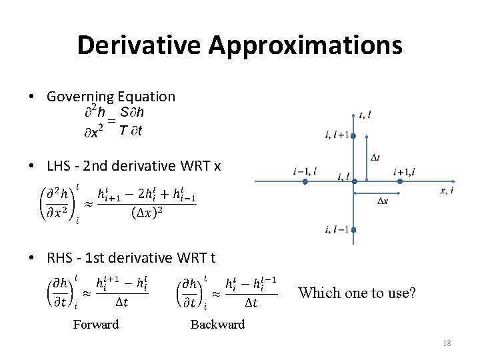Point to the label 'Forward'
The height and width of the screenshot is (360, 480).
pyautogui.click(x=96, y=325)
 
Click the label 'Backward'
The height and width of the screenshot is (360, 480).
pyautogui.click(x=217, y=325)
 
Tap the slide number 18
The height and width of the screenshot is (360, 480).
pyautogui.click(x=447, y=343)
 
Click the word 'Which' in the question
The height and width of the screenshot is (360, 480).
pyautogui.click(x=317, y=293)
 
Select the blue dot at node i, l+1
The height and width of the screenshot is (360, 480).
pyautogui.click(x=353, y=136)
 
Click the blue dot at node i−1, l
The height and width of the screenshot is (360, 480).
pyautogui.click(x=304, y=181)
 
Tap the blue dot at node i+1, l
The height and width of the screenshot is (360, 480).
pyautogui.click(x=400, y=181)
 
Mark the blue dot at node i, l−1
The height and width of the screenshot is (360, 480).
pyautogui.click(x=353, y=230)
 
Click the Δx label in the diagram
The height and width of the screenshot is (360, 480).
pyautogui.click(x=383, y=201)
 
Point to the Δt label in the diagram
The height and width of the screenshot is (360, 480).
pyautogui.click(x=375, y=157)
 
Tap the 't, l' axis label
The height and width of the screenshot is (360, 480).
pyautogui.click(x=365, y=115)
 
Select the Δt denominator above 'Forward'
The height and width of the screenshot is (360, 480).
pyautogui.click(x=122, y=302)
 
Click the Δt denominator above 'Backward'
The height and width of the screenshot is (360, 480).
pyautogui.click(x=251, y=302)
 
